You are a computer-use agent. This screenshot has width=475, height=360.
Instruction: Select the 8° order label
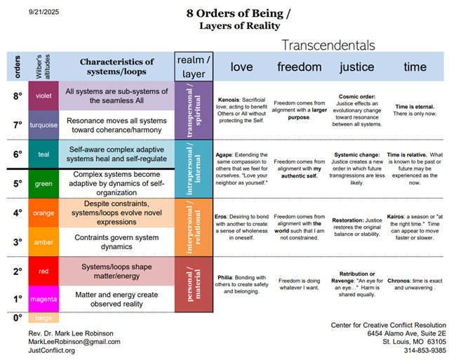click(x=17, y=96)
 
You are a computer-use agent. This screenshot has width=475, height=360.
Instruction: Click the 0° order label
click(x=17, y=318)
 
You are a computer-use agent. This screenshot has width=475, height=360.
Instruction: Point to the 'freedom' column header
click(x=300, y=67)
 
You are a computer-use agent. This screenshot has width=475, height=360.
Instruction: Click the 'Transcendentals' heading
click(x=328, y=45)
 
